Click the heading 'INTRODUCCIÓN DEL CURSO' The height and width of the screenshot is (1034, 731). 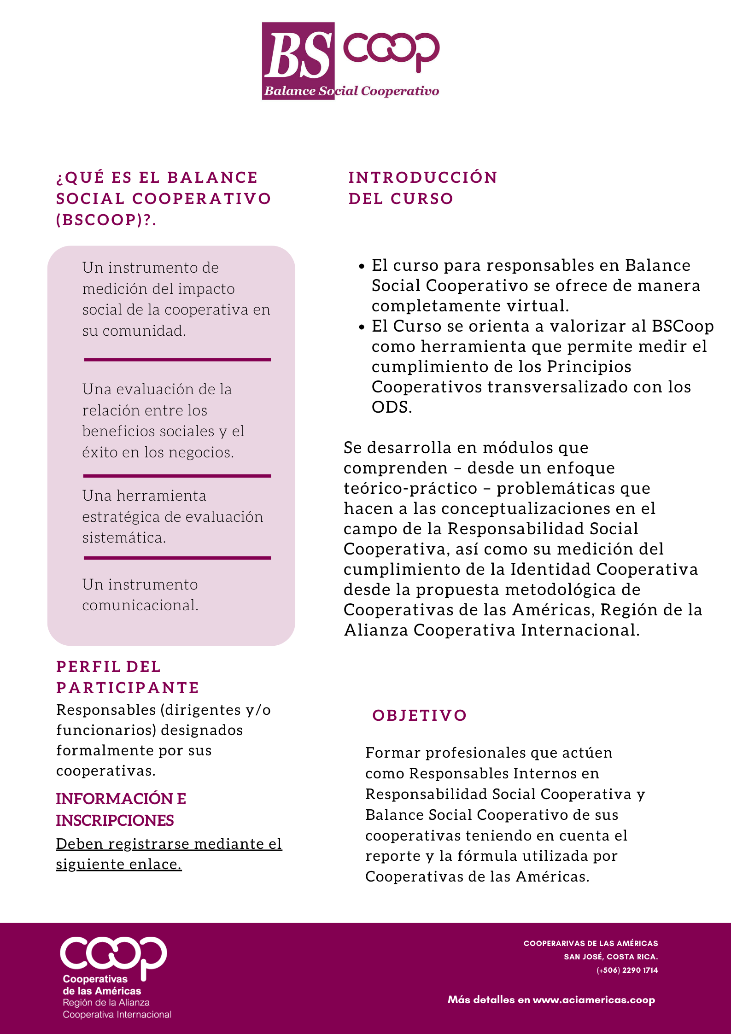point(422,188)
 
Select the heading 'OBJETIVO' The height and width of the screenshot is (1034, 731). point(420,715)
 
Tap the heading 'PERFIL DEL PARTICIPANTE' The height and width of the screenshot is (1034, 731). point(127,677)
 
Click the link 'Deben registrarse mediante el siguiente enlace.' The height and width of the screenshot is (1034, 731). point(169,854)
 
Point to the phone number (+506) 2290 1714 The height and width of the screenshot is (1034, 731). point(627,970)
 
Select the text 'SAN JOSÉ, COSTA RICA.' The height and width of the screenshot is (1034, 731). point(611,957)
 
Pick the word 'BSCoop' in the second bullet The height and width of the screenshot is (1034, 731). point(683,326)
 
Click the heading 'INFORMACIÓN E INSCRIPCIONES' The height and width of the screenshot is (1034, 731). point(121,809)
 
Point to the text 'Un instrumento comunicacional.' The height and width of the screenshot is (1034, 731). point(140,595)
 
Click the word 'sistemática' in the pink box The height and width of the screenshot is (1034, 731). point(123,537)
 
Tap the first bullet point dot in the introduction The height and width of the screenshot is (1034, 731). point(362,266)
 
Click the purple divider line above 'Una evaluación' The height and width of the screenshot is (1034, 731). point(177,359)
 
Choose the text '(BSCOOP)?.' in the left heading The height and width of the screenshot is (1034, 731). point(106,220)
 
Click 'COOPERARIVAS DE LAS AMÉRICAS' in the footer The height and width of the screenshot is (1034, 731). point(591,943)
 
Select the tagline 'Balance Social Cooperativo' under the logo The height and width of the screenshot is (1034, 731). point(351,91)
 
